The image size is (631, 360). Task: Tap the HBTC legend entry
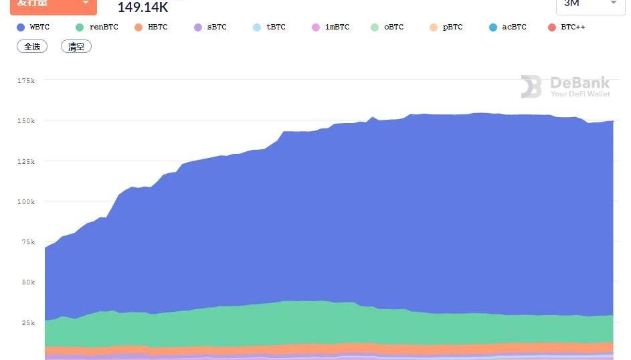[151, 27]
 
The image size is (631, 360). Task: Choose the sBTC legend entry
[210, 27]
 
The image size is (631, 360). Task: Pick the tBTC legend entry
[269, 27]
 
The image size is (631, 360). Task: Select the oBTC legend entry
[387, 27]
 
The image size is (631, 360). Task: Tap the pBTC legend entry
[446, 27]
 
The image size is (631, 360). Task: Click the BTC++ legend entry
[566, 27]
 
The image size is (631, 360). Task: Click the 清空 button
[76, 47]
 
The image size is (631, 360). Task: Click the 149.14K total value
[143, 7]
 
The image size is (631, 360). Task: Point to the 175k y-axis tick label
[26, 80]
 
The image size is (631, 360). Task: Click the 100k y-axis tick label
[26, 201]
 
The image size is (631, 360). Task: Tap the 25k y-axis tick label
[28, 323]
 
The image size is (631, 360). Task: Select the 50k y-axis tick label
[28, 282]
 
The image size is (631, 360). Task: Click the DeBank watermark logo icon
[531, 86]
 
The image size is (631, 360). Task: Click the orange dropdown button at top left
[53, 4]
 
